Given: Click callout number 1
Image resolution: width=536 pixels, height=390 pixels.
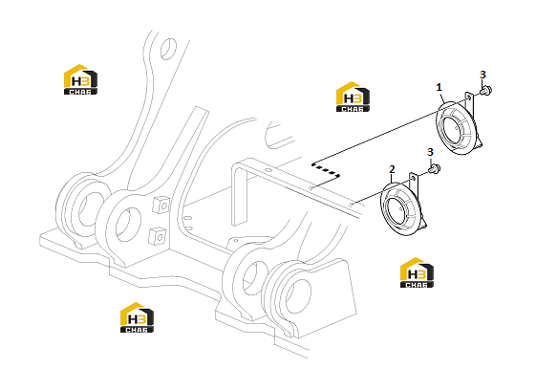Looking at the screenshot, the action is pyautogui.click(x=440, y=88).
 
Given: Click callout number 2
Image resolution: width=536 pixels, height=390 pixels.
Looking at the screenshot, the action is pyautogui.click(x=392, y=169).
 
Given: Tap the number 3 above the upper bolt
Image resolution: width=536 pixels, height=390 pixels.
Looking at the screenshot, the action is pyautogui.click(x=482, y=75).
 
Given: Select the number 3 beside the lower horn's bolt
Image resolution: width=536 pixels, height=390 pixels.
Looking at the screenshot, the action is pyautogui.click(x=430, y=152).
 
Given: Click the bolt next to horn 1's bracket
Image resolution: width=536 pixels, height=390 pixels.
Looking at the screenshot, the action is pyautogui.click(x=485, y=91).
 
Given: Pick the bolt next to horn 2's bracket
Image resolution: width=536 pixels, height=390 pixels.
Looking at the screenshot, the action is pyautogui.click(x=435, y=168).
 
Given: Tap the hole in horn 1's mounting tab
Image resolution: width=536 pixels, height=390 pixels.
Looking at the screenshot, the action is pyautogui.click(x=469, y=97).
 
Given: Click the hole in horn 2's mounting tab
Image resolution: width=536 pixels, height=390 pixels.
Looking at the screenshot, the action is pyautogui.click(x=414, y=179).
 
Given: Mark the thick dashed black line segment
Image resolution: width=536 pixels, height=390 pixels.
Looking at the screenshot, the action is pyautogui.click(x=326, y=170).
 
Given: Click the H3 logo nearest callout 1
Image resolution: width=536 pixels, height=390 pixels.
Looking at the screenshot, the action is pyautogui.click(x=353, y=97).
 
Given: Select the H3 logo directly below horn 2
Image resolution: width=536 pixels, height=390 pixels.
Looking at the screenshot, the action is pyautogui.click(x=417, y=272).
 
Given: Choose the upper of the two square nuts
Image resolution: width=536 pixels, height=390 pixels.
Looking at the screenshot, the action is pyautogui.click(x=161, y=205).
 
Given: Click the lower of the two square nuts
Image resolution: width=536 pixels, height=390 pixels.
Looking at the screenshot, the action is pyautogui.click(x=158, y=236).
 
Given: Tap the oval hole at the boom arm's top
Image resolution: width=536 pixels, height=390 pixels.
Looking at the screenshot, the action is pyautogui.click(x=168, y=49).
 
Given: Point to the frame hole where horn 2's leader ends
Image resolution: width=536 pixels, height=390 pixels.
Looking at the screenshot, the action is pyautogui.click(x=351, y=205).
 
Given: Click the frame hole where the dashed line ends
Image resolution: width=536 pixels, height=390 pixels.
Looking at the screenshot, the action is pyautogui.click(x=311, y=188).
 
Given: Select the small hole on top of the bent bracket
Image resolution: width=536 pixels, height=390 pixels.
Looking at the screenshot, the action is pyautogui.click(x=268, y=170).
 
